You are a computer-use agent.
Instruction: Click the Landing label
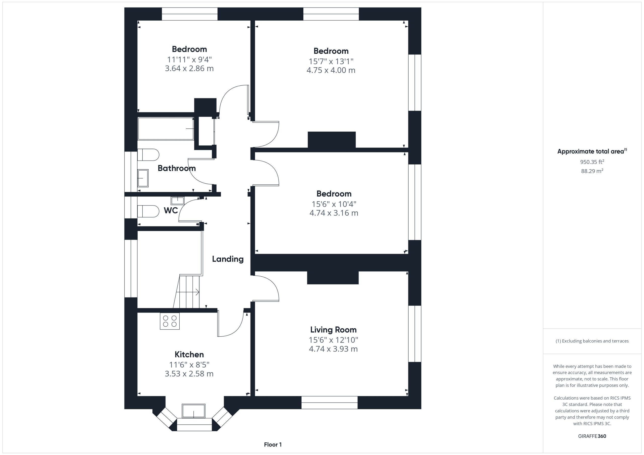pyautogui.click(x=228, y=259)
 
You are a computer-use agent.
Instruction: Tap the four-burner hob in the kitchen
pyautogui.click(x=170, y=321)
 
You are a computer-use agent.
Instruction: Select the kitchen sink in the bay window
pyautogui.click(x=193, y=411)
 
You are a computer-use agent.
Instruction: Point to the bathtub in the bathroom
pyautogui.click(x=166, y=129)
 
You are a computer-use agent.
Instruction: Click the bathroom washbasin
pyautogui.click(x=143, y=178)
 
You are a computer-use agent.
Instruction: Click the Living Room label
pyautogui.click(x=333, y=330)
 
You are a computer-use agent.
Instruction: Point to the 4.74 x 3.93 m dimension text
pyautogui.click(x=333, y=349)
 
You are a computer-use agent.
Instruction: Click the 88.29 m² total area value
pyautogui.click(x=592, y=171)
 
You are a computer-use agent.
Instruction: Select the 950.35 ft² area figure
pyautogui.click(x=592, y=162)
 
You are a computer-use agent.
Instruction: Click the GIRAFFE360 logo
pyautogui.click(x=592, y=436)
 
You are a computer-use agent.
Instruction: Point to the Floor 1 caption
pyautogui.click(x=273, y=445)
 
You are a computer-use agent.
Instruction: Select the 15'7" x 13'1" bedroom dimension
pyautogui.click(x=331, y=61)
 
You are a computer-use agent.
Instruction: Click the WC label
pyautogui.click(x=171, y=210)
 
